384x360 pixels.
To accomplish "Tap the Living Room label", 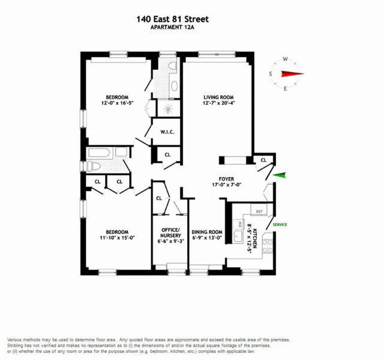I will [218, 97].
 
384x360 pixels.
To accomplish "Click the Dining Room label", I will [206, 232].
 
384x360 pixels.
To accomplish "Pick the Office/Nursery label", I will [168, 232].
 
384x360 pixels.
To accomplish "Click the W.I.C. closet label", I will [167, 133].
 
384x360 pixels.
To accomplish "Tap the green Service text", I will [280, 224].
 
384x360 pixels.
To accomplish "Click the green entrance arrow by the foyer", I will [281, 175].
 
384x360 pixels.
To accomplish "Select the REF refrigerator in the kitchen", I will [259, 212].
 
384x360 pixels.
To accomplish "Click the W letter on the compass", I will [286, 59].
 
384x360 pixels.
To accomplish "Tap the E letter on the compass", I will [286, 89].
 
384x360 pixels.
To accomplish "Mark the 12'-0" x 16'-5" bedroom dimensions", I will [118, 103].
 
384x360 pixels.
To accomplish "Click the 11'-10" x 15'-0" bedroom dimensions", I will [118, 238].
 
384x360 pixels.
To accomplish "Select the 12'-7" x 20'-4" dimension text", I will [218, 103].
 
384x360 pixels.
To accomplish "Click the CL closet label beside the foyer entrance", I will [264, 160].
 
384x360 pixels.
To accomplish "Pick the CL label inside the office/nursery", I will [159, 198].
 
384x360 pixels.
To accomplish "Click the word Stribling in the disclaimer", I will [17, 346].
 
